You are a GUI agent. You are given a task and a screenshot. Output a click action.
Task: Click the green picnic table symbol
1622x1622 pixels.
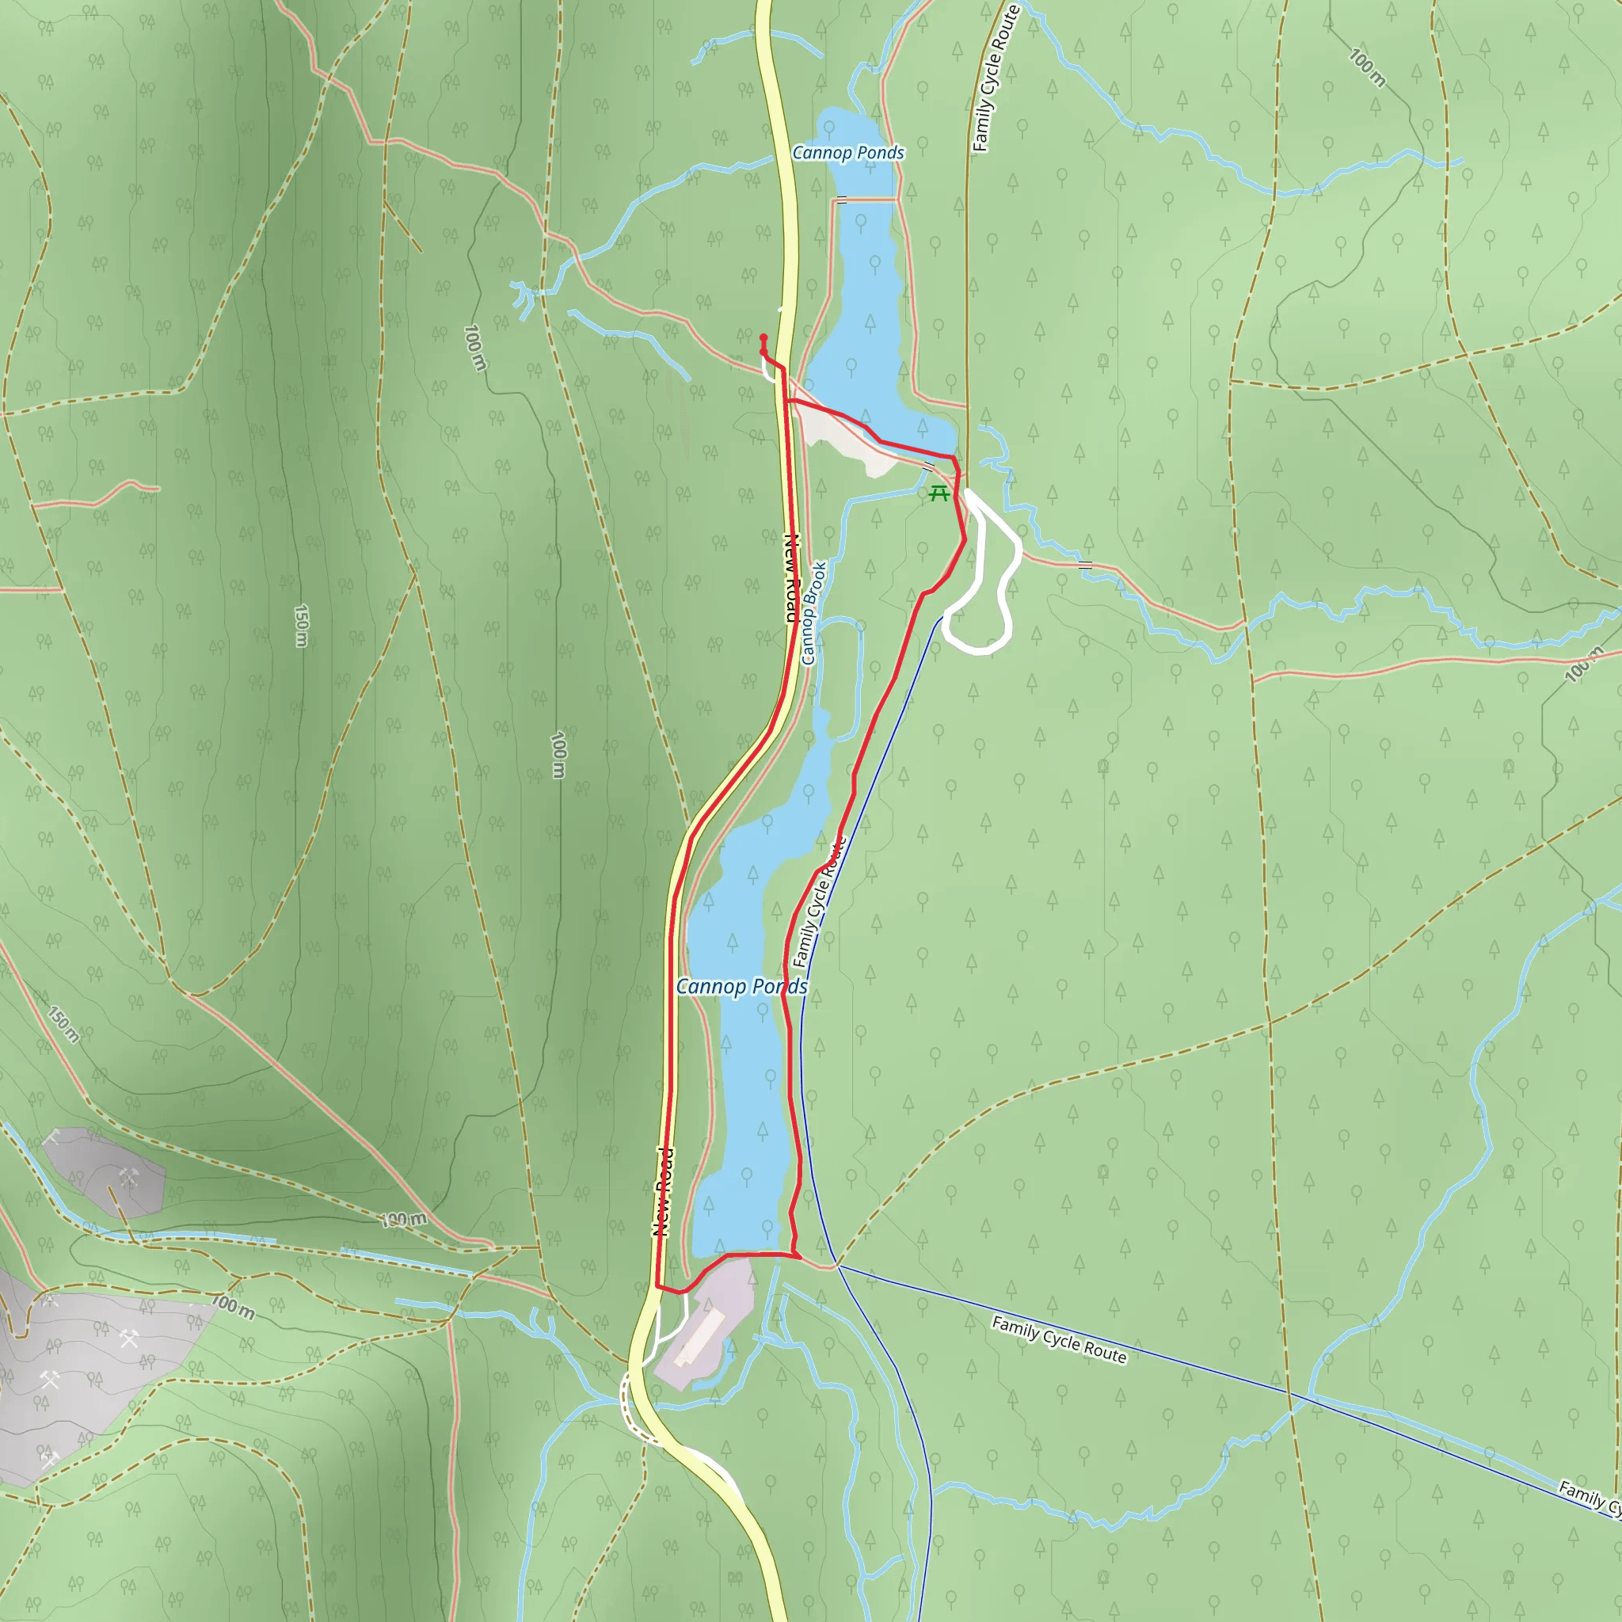click(x=939, y=493)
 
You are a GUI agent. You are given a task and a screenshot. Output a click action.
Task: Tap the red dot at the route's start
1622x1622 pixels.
click(x=763, y=337)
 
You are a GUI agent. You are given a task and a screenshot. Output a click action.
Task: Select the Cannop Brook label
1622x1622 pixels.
click(x=813, y=613)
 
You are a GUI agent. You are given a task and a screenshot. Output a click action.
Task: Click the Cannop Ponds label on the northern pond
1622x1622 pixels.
click(x=848, y=153)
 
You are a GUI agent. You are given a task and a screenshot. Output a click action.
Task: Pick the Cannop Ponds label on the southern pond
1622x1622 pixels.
click(x=741, y=987)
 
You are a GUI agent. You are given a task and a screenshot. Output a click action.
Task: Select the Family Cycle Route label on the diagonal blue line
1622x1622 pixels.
click(x=1059, y=1339)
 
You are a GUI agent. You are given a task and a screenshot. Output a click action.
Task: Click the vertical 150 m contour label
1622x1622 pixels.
click(x=300, y=626)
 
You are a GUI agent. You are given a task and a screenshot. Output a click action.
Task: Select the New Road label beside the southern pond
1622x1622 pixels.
click(x=662, y=1191)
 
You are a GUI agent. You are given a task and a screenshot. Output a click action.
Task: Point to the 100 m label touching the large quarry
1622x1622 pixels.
click(x=233, y=1306)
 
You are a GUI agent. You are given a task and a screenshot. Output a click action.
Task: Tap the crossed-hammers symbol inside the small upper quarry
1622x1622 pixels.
click(x=128, y=1178)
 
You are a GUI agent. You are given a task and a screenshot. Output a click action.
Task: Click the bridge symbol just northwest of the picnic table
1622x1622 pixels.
click(x=928, y=465)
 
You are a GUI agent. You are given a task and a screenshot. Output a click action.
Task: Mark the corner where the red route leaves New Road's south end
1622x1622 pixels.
click(x=657, y=1286)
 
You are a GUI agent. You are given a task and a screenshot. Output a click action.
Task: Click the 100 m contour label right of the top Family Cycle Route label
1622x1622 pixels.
click(x=1367, y=68)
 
